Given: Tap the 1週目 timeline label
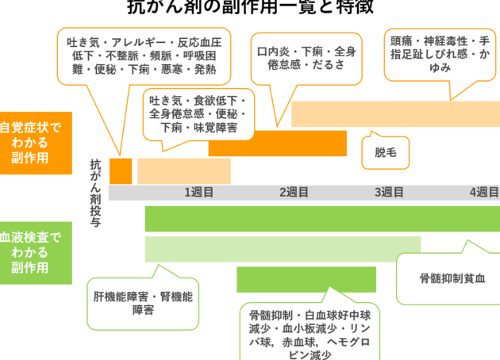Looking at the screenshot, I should pos(199,192).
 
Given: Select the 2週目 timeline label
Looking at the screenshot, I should pos(294,192).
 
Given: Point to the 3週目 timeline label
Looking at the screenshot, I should pos(389,192).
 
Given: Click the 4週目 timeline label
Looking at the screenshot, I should pos(483,192).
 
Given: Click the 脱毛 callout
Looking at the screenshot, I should pos(385,151).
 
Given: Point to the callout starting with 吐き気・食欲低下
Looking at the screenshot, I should pos(197,113).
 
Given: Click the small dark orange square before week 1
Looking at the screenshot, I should pos(121,170).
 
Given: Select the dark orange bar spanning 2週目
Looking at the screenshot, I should pos(277,143).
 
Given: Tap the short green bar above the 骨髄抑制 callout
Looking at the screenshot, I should pos(306,279).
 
